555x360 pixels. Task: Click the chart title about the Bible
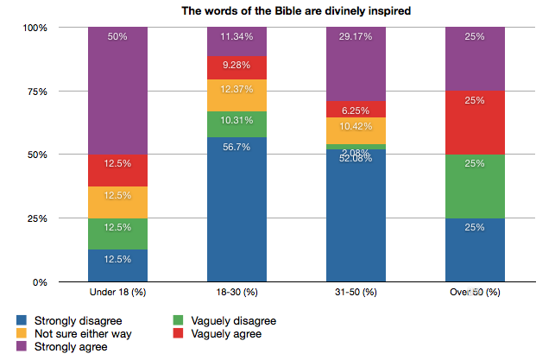pos(283,10)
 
